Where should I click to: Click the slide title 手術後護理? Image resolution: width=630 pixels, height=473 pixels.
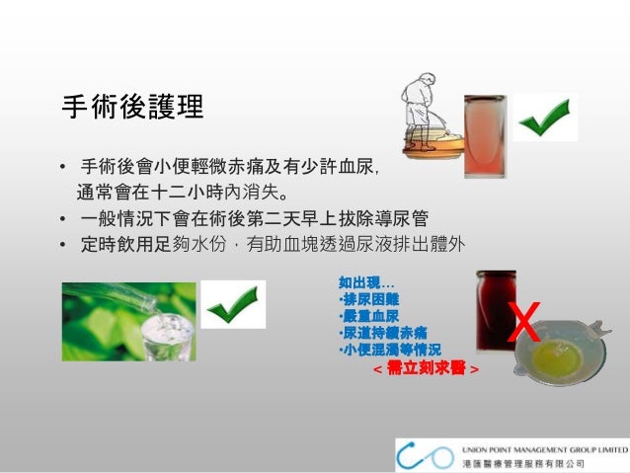tap(132, 108)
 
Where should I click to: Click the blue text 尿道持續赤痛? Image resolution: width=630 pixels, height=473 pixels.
tap(384, 332)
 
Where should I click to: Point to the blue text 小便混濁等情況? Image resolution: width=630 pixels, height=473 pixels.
tap(390, 349)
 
